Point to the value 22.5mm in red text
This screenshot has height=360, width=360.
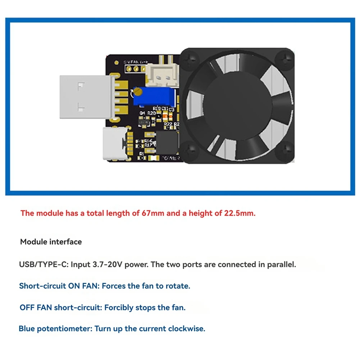239,213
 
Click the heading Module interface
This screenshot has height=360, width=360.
51,242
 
